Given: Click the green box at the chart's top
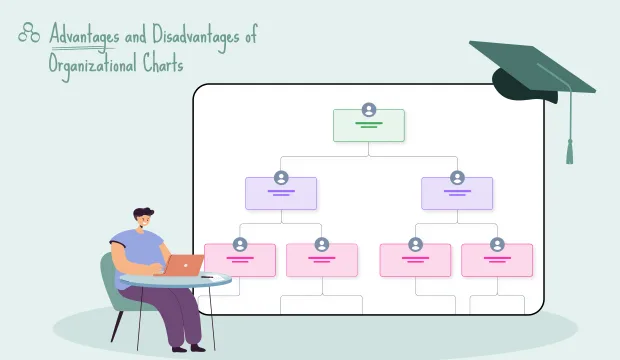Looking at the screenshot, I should (x=369, y=126).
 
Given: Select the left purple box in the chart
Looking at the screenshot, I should (x=281, y=193).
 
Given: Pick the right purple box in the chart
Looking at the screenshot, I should (x=457, y=193).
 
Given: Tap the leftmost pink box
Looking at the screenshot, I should (x=240, y=260).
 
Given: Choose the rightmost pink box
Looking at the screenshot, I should (x=497, y=260).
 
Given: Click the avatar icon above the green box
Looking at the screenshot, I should (x=369, y=110).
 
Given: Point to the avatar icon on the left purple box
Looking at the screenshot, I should (x=281, y=177).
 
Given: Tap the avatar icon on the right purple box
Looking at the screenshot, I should (x=457, y=177).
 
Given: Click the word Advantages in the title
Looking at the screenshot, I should (x=83, y=37).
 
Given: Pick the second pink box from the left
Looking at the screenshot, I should (x=322, y=260).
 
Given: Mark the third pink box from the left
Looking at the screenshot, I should (x=415, y=260).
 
